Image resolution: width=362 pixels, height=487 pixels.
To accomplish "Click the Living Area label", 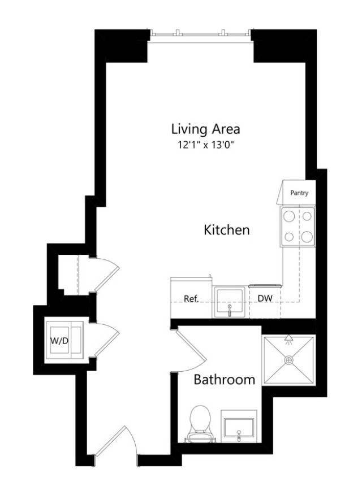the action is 205,129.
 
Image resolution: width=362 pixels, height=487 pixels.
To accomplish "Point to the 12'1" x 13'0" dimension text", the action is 205,145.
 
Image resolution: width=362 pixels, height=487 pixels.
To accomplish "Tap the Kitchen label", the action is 226,230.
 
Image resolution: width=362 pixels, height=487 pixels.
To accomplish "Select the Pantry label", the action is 299,193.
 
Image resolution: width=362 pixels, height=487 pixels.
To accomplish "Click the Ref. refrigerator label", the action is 191,299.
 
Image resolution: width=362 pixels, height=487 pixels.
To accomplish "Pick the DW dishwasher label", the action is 265,298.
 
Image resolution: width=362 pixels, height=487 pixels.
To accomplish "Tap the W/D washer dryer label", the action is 59,341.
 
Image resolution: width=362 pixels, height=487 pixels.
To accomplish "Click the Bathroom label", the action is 224,380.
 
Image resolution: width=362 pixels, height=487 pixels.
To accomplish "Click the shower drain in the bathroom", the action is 289,360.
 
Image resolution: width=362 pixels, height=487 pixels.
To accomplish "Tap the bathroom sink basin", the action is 239,429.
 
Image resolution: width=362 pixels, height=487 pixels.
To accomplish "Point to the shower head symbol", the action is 289,339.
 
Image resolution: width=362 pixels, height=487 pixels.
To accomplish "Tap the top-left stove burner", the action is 289,216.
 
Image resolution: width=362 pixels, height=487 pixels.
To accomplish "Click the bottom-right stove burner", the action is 307,237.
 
